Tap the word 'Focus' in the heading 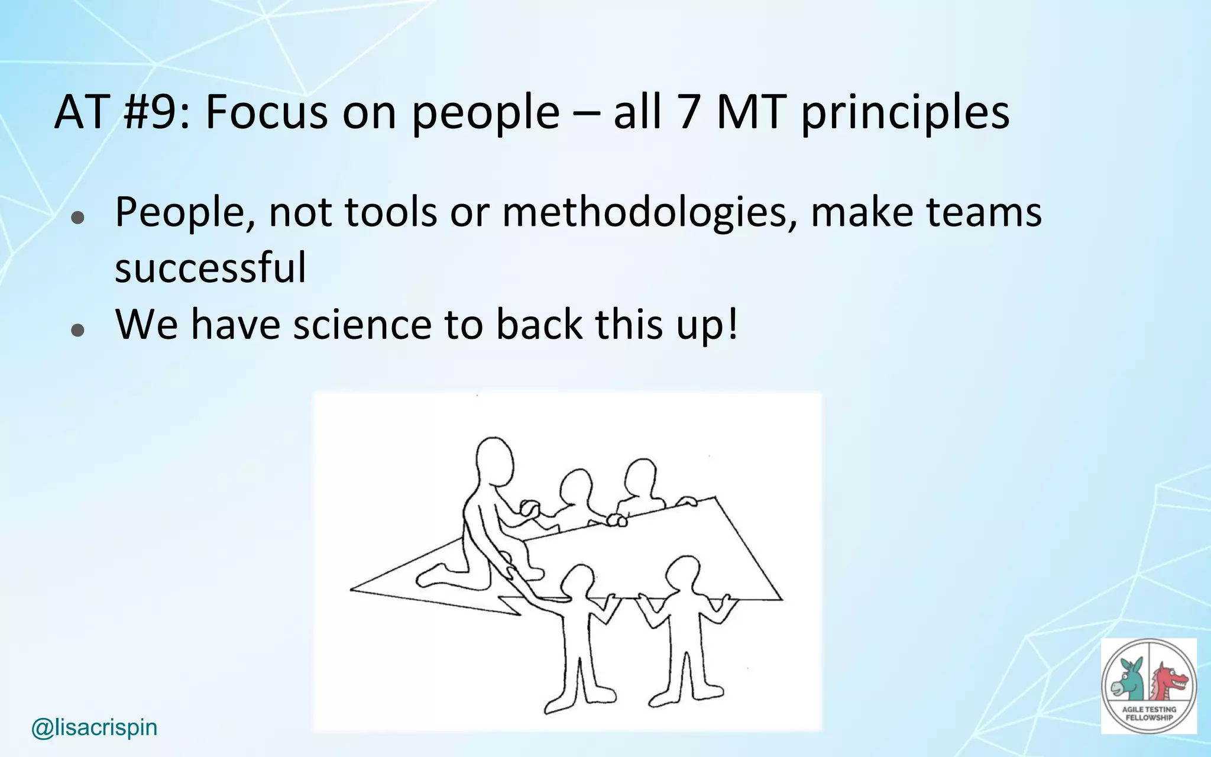tap(266, 112)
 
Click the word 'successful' tap(211, 267)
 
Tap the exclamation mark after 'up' tap(733, 324)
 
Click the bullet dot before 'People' tap(77, 218)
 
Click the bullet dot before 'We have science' tap(77, 329)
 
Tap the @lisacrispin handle tap(94, 727)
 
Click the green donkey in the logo tap(1126, 680)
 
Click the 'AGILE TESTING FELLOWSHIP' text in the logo tap(1149, 713)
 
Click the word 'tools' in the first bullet tap(391, 212)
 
